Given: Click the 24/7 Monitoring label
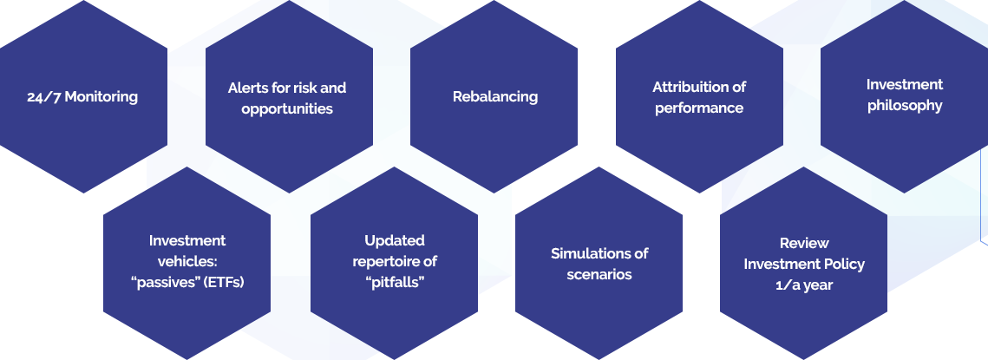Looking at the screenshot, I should (82, 96).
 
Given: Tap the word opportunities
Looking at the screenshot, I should (287, 108).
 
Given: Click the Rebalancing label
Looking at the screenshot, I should (495, 96).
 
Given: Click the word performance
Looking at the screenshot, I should (699, 108).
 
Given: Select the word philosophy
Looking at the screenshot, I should (905, 105).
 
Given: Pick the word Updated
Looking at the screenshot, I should (395, 240).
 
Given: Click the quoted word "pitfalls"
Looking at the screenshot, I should (395, 282).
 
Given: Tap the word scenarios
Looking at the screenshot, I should (599, 274).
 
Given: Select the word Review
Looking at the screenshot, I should (804, 243).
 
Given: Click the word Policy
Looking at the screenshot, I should (845, 264).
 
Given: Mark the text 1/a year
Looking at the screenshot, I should (804, 285).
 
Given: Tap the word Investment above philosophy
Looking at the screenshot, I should (905, 84).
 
